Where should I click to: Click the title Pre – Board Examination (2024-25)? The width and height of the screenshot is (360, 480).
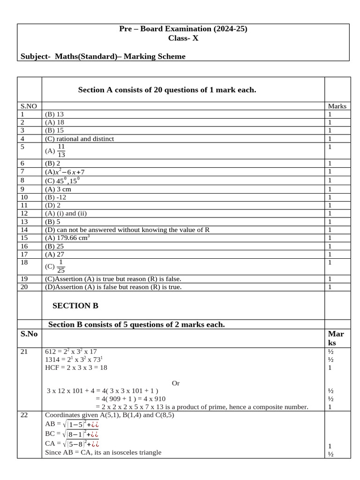(x=183, y=29)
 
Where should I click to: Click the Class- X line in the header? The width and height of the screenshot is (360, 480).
(x=183, y=38)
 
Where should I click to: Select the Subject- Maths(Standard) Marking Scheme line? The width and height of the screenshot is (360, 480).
(x=103, y=57)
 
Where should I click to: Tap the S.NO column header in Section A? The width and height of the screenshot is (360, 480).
(x=29, y=106)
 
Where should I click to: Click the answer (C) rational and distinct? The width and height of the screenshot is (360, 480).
(x=79, y=139)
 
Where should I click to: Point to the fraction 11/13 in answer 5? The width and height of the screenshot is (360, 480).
(x=61, y=151)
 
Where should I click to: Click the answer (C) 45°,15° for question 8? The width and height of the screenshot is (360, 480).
(x=61, y=180)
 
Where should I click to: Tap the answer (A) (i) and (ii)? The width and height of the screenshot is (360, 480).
(x=66, y=213)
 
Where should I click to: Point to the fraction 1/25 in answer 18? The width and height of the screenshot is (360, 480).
(x=61, y=266)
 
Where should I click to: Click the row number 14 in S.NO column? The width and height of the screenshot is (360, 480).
(x=24, y=230)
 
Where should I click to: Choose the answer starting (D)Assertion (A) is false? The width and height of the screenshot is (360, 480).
(x=113, y=287)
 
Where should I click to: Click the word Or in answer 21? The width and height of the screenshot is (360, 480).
(x=176, y=383)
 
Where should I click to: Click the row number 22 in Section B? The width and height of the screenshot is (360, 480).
(x=24, y=415)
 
